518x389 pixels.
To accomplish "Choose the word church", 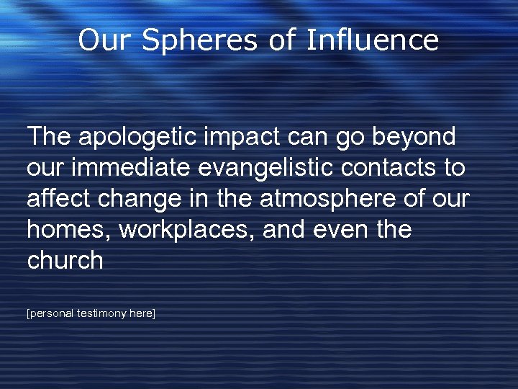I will point(65,261).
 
